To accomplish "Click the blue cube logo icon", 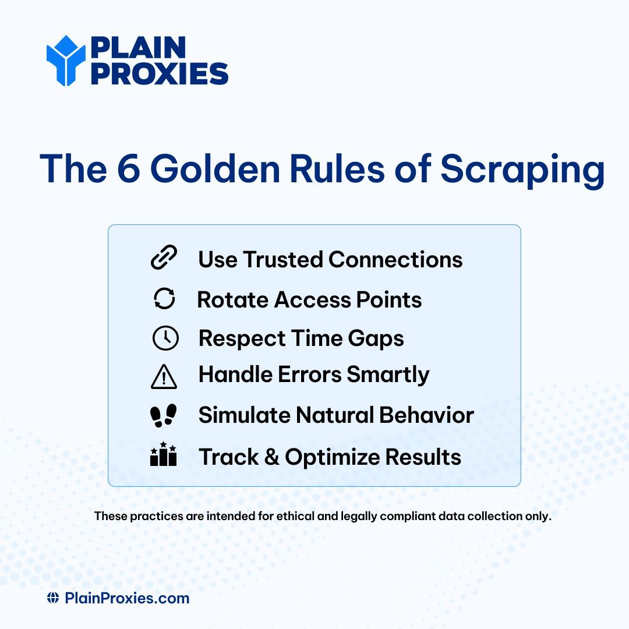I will [x=66, y=61].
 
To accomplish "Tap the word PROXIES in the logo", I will [x=159, y=74].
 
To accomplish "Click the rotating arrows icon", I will [x=164, y=299].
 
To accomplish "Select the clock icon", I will [x=165, y=338].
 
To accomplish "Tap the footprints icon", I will [x=163, y=415].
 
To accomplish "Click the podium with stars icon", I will [x=163, y=455].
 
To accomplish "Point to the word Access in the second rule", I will [x=306, y=299].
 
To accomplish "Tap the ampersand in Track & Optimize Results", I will [x=271, y=457].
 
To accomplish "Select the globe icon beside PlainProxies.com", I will [x=53, y=598].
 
